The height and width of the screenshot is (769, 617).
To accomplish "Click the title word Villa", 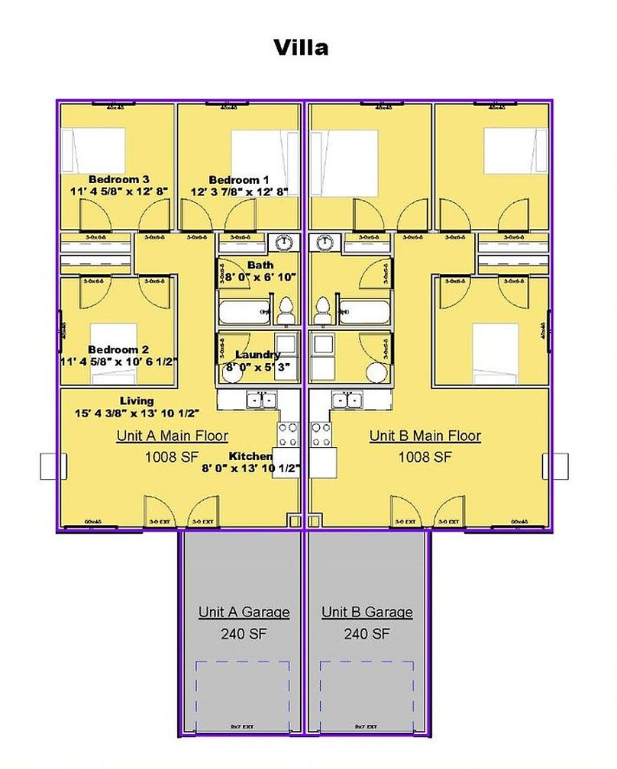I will pyautogui.click(x=302, y=47).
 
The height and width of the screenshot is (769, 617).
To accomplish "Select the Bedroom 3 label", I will pyautogui.click(x=118, y=179).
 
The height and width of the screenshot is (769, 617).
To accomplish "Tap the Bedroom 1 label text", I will pyautogui.click(x=239, y=180).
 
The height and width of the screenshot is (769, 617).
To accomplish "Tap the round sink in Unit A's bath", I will pyautogui.click(x=284, y=242).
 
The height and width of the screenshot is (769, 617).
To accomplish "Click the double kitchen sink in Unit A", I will pyautogui.click(x=260, y=399).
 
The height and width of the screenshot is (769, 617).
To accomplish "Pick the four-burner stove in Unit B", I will pyautogui.click(x=321, y=434).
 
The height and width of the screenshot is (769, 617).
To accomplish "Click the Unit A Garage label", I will pyautogui.click(x=244, y=612).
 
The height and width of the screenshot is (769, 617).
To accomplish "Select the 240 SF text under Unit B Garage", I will pyautogui.click(x=367, y=633).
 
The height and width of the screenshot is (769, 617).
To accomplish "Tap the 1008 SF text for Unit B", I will pyautogui.click(x=425, y=457).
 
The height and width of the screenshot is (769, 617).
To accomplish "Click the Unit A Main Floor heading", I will pyautogui.click(x=172, y=436).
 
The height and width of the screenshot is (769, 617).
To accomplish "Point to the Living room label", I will pyautogui.click(x=137, y=401).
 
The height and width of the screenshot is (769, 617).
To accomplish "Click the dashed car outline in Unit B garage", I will pyautogui.click(x=367, y=694).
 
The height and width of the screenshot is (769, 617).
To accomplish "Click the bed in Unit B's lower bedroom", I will pyautogui.click(x=496, y=352).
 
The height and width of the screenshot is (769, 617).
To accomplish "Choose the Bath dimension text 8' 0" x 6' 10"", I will pyautogui.click(x=260, y=276).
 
